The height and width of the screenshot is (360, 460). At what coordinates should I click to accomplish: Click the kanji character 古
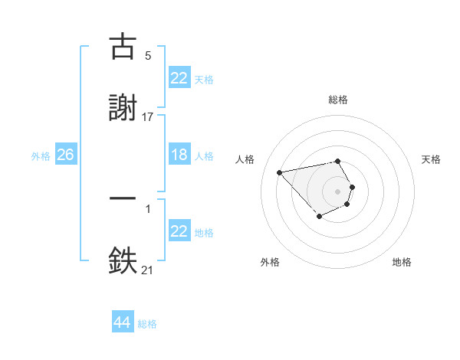123,47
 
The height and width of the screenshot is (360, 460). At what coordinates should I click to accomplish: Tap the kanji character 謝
123,108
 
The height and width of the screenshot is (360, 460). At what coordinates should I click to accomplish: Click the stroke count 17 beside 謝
148,116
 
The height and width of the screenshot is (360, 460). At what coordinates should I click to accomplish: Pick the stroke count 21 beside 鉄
148,270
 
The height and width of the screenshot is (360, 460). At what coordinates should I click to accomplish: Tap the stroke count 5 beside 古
148,56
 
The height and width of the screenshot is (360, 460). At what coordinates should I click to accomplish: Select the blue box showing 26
65,155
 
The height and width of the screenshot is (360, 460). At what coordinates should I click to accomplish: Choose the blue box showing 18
179,155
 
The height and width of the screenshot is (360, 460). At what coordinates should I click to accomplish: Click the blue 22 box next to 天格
179,78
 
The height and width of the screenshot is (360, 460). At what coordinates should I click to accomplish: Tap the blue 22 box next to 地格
179,231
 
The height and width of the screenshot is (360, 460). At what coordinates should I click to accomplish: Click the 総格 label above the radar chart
338,100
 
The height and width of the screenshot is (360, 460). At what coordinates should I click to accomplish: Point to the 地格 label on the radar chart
402,262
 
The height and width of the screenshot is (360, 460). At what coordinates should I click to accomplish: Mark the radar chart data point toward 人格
280,172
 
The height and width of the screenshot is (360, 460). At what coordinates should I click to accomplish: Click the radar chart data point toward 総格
338,161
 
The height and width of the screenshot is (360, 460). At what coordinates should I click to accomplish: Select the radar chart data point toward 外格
319,218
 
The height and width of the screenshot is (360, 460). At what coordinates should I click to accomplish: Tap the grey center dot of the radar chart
338,191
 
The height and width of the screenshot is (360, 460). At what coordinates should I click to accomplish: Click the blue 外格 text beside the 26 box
41,155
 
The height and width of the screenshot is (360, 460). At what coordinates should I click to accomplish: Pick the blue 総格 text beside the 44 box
147,324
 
